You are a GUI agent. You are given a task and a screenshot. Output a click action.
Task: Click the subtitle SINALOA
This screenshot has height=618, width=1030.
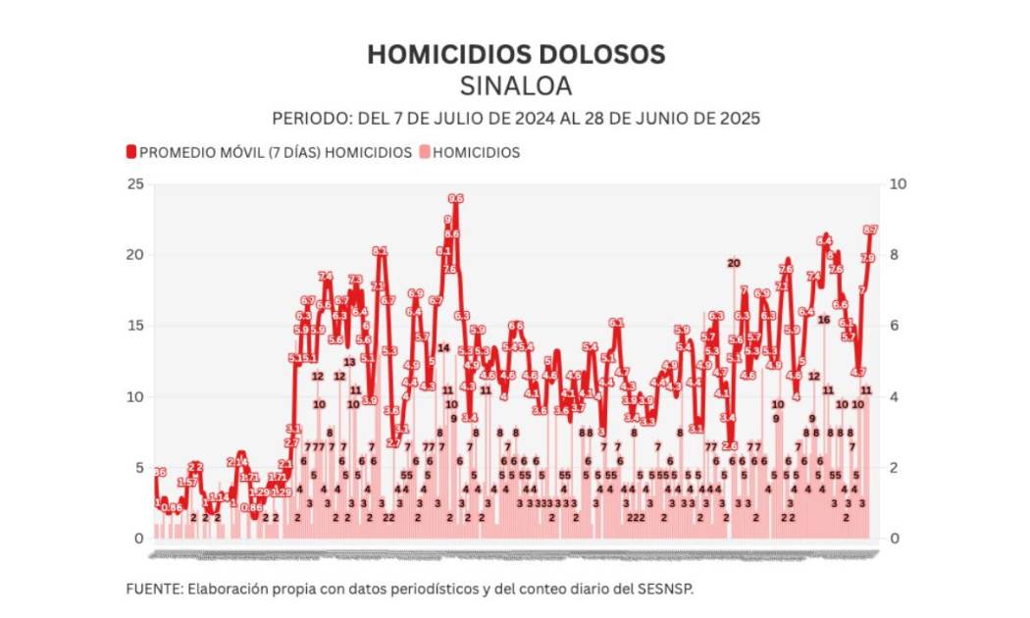coord(515,85)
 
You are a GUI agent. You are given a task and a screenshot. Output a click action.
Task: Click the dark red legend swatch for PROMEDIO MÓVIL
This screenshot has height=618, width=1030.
coord(131,152)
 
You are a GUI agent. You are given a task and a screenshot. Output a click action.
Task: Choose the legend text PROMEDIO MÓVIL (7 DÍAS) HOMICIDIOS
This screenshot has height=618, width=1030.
coord(275,152)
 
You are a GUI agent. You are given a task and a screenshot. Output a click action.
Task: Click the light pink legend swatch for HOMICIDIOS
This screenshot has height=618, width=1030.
coord(424,152)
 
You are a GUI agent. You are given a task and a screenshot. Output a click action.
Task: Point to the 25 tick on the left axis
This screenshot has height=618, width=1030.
coord(135,184)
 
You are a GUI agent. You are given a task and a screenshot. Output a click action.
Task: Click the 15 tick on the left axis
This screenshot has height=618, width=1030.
coord(135,326)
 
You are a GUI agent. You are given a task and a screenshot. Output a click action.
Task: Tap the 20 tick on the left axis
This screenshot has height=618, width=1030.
coord(135,255)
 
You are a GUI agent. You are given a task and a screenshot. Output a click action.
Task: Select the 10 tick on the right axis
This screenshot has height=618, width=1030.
coord(897,184)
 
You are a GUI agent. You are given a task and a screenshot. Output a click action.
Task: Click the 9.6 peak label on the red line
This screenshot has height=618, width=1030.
coord(455,199)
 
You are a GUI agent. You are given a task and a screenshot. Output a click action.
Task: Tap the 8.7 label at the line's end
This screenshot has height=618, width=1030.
coord(869,230)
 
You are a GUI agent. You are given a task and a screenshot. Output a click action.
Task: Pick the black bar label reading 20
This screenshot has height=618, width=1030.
coord(733,262)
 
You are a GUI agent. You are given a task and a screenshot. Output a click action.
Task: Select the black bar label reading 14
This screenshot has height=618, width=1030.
coord(443,347)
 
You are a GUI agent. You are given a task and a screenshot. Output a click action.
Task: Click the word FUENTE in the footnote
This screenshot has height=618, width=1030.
coord(153,588)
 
